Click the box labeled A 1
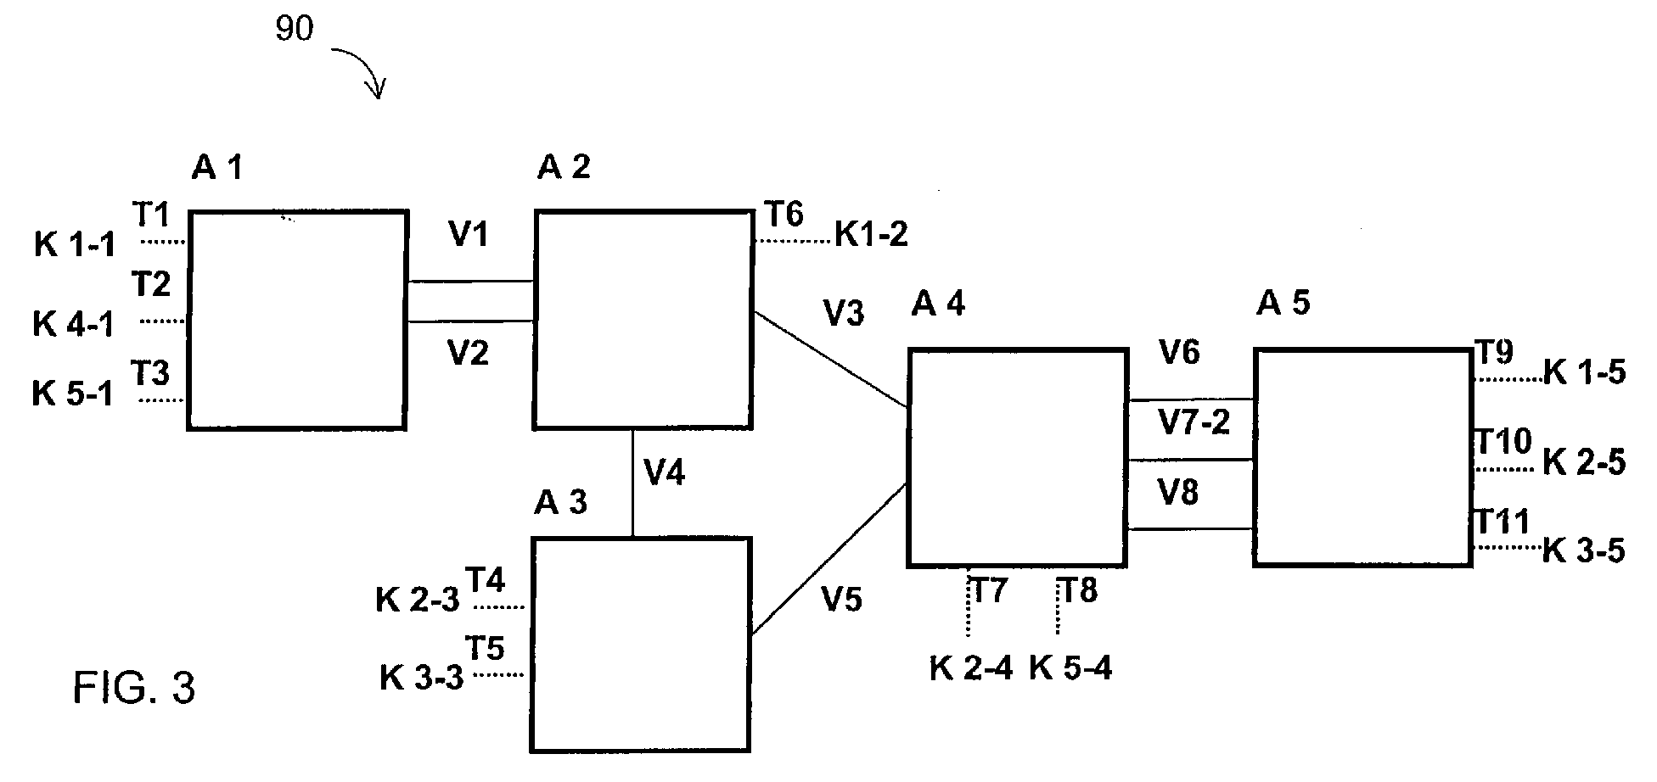pyautogui.click(x=297, y=320)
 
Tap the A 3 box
pyautogui.click(x=641, y=645)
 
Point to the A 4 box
pyautogui.click(x=1018, y=457)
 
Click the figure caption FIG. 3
pyautogui.click(x=134, y=687)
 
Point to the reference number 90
pyautogui.click(x=295, y=30)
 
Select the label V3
pyautogui.click(x=844, y=314)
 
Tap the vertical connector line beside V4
pyautogui.click(x=633, y=483)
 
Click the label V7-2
pyautogui.click(x=1194, y=422)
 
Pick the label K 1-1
pyautogui.click(x=75, y=245)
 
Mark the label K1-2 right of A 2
pyautogui.click(x=872, y=235)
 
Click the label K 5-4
pyautogui.click(x=1070, y=668)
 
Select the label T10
pyautogui.click(x=1503, y=441)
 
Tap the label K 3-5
pyautogui.click(x=1583, y=551)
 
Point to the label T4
pyautogui.click(x=486, y=581)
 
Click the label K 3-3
pyautogui.click(x=421, y=679)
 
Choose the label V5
pyautogui.click(x=841, y=600)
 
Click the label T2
pyautogui.click(x=151, y=284)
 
